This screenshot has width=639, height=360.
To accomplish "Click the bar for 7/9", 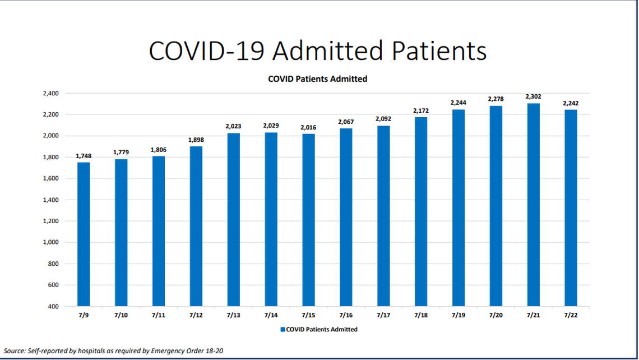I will tap(84, 234).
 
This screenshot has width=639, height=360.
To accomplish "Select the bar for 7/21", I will tap(533, 205).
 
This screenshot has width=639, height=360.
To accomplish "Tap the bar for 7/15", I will tap(308, 220).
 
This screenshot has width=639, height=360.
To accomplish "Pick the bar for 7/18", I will tap(420, 211).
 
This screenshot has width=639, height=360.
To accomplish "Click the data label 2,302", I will tap(533, 97).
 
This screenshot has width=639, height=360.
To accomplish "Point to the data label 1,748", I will tap(84, 156).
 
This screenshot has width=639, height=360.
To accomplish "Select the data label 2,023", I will tap(233, 127).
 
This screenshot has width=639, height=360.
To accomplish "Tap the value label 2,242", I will tap(571, 103).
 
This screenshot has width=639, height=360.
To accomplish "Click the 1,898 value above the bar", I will tap(196, 140).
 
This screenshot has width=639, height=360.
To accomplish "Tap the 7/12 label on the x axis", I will tap(196, 316).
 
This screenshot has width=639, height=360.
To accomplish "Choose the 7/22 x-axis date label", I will tap(571, 316).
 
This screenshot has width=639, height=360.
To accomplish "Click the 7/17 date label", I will tap(383, 316).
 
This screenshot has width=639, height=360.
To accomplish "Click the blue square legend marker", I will tap(283, 330).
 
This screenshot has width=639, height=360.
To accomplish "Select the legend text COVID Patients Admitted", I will tap(322, 330).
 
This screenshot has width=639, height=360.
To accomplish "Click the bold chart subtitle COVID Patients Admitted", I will tap(318, 79).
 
